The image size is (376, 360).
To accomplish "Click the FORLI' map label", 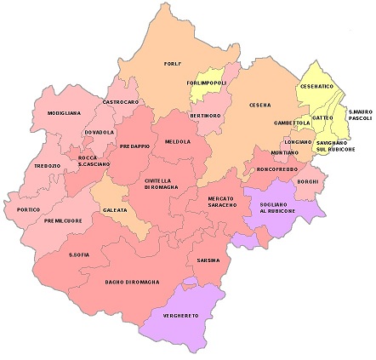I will coord(174,63).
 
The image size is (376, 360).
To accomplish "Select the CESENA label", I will coord(259,105).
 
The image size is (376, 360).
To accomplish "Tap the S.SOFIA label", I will coord(80,254).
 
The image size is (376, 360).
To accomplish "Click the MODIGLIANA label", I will coord(65,113).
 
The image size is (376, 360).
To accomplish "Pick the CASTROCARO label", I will coord(120,102).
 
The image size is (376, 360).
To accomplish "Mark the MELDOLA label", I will coord(178,141).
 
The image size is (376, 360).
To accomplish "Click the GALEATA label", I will coord(115,209).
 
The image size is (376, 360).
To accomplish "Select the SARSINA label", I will coord(208,260).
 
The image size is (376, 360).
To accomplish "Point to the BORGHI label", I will coord(307,181).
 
